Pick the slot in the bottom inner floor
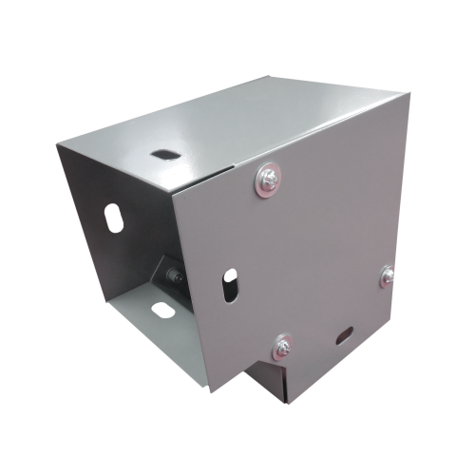click(x=163, y=308)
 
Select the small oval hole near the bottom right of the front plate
click(x=344, y=334)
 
